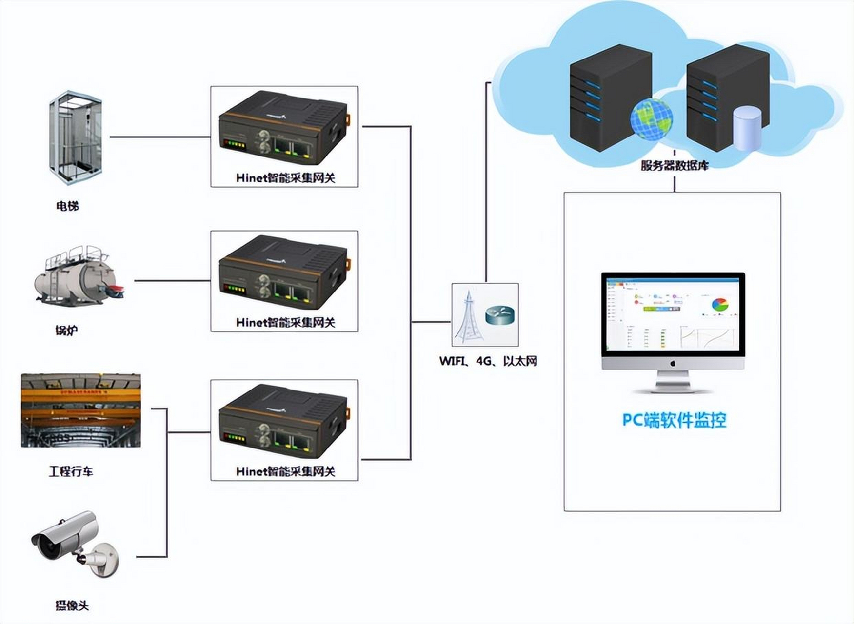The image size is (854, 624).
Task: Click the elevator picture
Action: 76,137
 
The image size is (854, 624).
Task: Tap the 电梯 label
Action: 67,206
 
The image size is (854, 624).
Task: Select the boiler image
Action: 79,276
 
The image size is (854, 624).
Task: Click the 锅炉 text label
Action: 66,331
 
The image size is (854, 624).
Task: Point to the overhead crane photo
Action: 81,410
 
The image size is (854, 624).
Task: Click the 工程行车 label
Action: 71,471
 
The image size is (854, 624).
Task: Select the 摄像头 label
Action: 72,606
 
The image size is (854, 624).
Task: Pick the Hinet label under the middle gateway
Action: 285,322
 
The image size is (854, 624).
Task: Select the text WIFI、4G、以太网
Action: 488,361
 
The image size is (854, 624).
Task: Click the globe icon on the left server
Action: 651,119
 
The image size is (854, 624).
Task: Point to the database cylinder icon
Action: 747,129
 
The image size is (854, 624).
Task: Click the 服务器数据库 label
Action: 674,165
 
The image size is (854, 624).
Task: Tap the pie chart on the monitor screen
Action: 720,305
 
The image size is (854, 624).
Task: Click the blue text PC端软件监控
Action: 674,420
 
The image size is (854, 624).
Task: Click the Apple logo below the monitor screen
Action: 673,363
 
